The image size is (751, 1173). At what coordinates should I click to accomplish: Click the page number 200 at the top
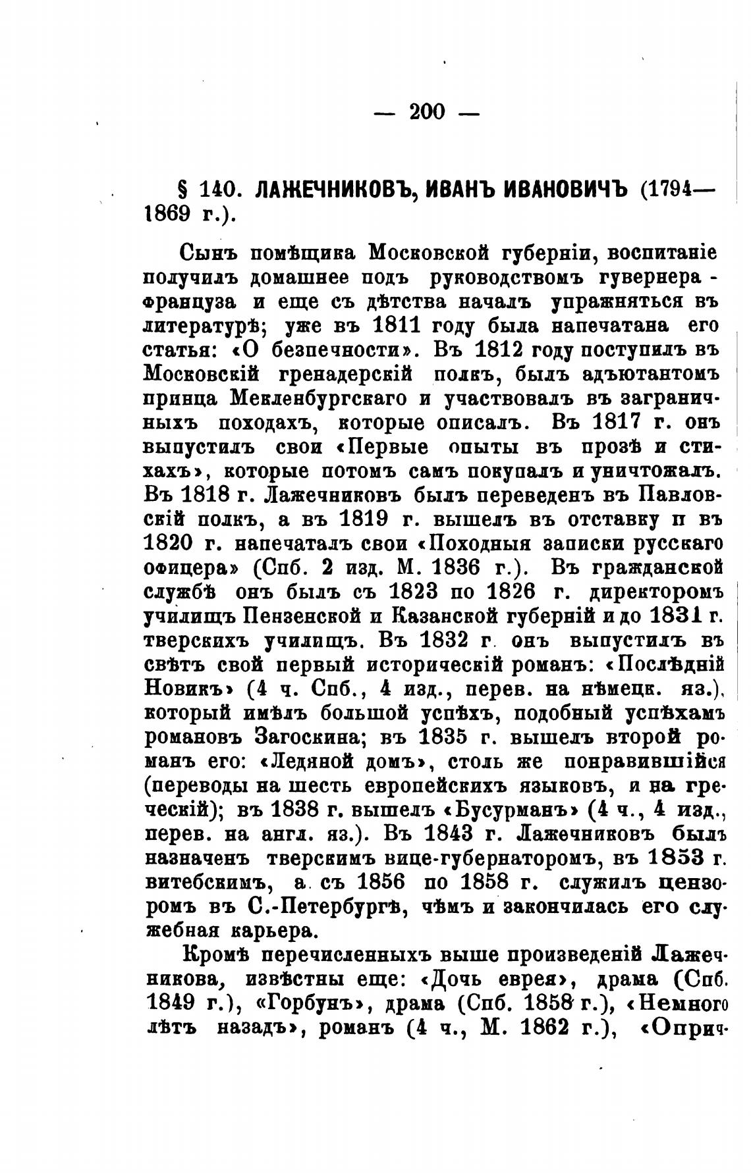point(427,112)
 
